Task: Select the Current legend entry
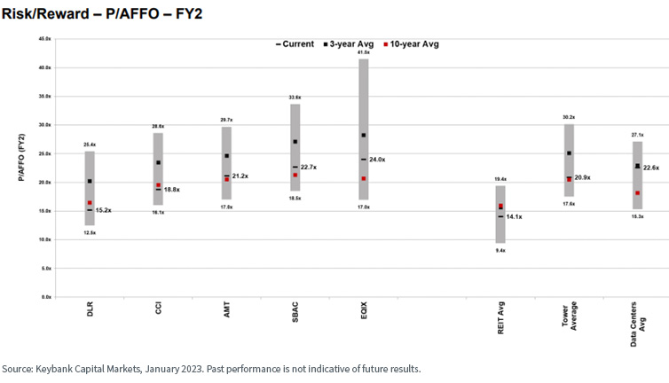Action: (295, 43)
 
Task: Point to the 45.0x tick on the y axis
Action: (44, 39)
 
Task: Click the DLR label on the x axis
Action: (90, 314)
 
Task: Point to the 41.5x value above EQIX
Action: (364, 52)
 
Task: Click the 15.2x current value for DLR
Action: (104, 210)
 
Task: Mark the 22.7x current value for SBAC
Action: (310, 167)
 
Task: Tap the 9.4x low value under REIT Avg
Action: (500, 250)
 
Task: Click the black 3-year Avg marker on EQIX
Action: (364, 136)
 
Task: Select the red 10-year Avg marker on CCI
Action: (158, 185)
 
